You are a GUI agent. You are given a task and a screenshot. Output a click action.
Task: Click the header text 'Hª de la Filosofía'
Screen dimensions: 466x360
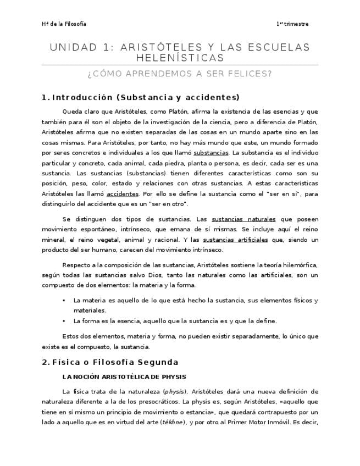pyautogui.click(x=64, y=24)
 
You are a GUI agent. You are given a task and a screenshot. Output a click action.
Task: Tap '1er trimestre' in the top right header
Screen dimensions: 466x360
pyautogui.click(x=292, y=24)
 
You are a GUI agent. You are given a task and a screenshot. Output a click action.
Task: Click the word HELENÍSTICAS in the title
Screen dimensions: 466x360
pyautogui.click(x=180, y=58)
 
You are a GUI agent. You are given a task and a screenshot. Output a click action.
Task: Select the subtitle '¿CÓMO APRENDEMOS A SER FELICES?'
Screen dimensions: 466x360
pyautogui.click(x=180, y=74)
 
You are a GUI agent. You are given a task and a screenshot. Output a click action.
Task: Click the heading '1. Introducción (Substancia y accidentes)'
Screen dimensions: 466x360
pyautogui.click(x=141, y=98)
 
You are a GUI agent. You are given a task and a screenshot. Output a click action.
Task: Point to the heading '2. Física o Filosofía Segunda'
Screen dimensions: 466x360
pyautogui.click(x=110, y=362)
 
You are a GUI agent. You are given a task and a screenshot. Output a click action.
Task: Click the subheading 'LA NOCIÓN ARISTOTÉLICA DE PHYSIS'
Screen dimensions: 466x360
pyautogui.click(x=124, y=377)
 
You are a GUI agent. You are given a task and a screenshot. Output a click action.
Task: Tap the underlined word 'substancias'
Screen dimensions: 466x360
pyautogui.click(x=211, y=152)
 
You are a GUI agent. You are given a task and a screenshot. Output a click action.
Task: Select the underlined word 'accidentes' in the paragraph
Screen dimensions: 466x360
pyautogui.click(x=123, y=194)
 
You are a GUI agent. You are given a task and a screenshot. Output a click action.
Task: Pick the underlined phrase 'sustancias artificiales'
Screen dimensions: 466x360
pyautogui.click(x=235, y=240)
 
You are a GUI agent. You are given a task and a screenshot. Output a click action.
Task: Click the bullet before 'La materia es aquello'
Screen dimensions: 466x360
pyautogui.click(x=64, y=301)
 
